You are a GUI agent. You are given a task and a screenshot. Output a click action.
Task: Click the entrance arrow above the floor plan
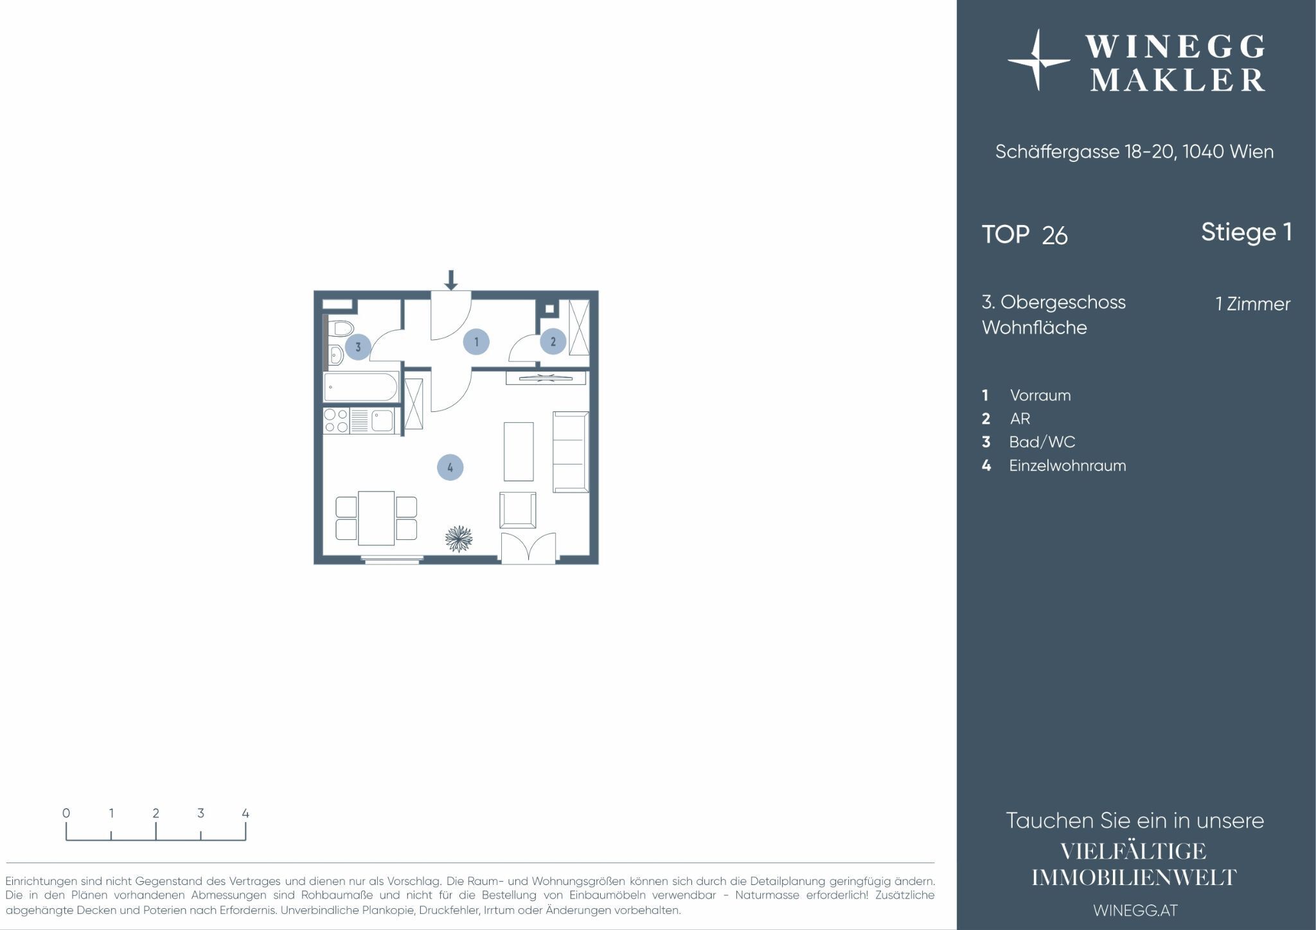pos(451,280)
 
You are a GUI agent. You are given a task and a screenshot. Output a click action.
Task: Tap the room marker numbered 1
pos(476,342)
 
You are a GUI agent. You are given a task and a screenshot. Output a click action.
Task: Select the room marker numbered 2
pos(553,342)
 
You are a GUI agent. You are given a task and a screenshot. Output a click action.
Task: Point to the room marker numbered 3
pos(358,347)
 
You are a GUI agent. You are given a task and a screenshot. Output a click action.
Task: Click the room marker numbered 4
pos(450,467)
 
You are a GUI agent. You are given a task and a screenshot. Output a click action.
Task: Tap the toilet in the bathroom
pos(339,329)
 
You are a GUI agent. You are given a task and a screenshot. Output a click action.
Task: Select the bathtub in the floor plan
pos(361,386)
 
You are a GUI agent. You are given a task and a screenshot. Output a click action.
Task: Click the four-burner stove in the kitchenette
pos(337,421)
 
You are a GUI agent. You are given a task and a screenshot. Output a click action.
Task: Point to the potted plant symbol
pos(459,539)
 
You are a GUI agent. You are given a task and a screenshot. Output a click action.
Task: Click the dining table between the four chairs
pos(376,518)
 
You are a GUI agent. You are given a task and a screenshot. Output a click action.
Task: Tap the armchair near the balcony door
pos(518,510)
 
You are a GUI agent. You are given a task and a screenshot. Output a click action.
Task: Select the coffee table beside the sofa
pos(519,451)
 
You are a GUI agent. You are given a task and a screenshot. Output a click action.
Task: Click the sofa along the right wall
pos(571,452)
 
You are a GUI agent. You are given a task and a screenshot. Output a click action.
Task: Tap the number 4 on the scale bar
pos(245,813)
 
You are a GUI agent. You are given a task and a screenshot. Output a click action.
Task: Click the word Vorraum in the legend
pos(1040,395)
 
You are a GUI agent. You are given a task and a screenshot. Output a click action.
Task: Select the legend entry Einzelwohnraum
pos(1054,465)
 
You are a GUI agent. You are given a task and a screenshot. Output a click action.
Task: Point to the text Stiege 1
pos(1247,232)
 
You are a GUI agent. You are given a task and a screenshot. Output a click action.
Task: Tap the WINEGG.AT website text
pos(1135,910)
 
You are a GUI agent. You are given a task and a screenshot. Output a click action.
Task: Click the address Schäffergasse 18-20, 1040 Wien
pos(1135,152)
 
